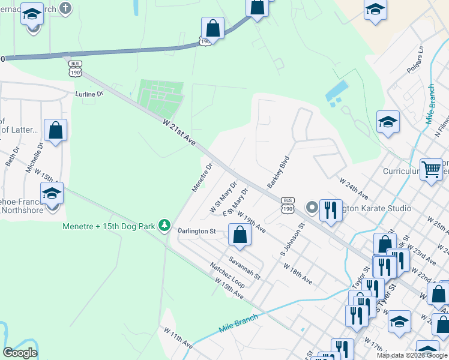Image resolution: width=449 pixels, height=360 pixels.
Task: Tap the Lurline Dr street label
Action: coord(89,94)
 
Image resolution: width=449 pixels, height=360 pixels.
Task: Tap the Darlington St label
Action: coord(196,230)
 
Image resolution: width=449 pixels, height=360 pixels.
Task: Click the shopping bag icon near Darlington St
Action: coord(240,235)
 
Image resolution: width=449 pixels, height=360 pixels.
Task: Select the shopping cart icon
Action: coord(432,170)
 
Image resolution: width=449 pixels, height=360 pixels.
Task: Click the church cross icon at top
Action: coord(66,8)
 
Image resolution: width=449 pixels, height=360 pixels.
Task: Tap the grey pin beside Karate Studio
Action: coord(312,208)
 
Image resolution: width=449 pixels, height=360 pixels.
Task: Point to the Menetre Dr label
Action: coord(202,178)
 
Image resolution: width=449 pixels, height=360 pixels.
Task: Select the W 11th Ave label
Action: coord(178,337)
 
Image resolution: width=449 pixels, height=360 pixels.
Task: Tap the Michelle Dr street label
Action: coord(34,158)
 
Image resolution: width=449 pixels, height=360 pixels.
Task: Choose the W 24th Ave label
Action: coord(354,187)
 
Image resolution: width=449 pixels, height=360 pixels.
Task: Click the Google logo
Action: coord(20,352)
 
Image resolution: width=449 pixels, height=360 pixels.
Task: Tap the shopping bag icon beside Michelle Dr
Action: coord(55,131)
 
